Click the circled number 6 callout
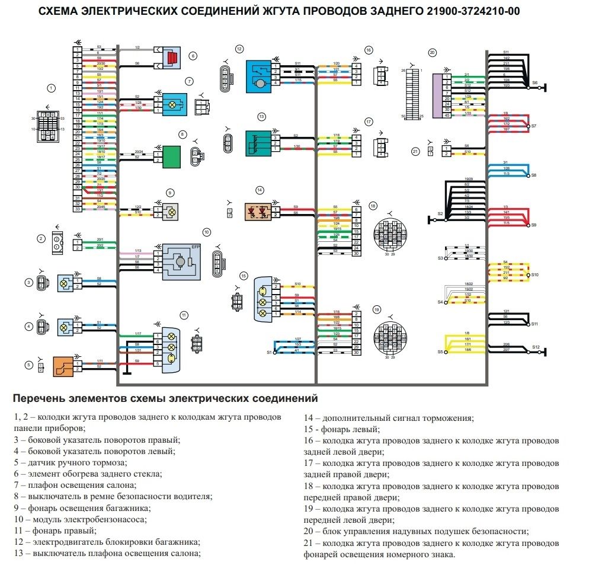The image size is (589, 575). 193,56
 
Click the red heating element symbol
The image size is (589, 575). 172,58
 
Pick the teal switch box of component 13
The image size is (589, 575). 258,143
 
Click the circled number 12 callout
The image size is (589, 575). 239,49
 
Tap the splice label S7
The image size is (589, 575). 533,126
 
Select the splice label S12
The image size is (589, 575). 536,347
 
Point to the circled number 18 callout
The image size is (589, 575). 373,205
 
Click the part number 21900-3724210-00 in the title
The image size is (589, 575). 473,11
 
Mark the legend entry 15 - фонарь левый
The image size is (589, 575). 342,429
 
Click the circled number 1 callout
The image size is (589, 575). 52,88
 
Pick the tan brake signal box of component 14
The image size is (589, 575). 258,211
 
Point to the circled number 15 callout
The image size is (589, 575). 243,276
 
